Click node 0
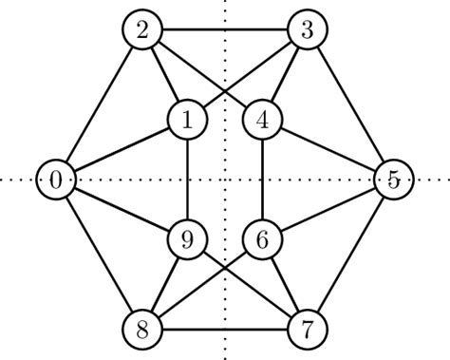[56, 180]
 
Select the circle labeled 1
[187, 121]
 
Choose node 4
[262, 121]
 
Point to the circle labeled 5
[393, 180]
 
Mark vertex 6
[262, 239]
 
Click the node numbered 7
[307, 330]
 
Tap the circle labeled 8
[141, 330]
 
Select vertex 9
[187, 239]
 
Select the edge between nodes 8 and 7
[224, 330]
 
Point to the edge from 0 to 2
[99, 104]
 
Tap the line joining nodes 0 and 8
[99, 255]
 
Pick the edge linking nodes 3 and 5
[350, 104]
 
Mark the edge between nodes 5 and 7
[350, 255]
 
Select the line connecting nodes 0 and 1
[122, 150]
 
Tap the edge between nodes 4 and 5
[328, 150]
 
